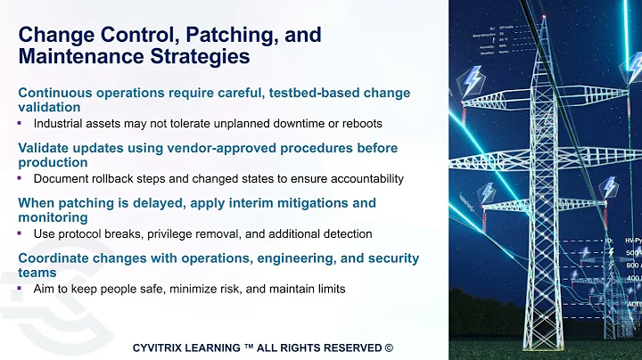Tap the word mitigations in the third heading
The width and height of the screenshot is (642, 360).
pyautogui.click(x=317, y=202)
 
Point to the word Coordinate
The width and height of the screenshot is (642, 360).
pyautogui.click(x=57, y=258)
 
